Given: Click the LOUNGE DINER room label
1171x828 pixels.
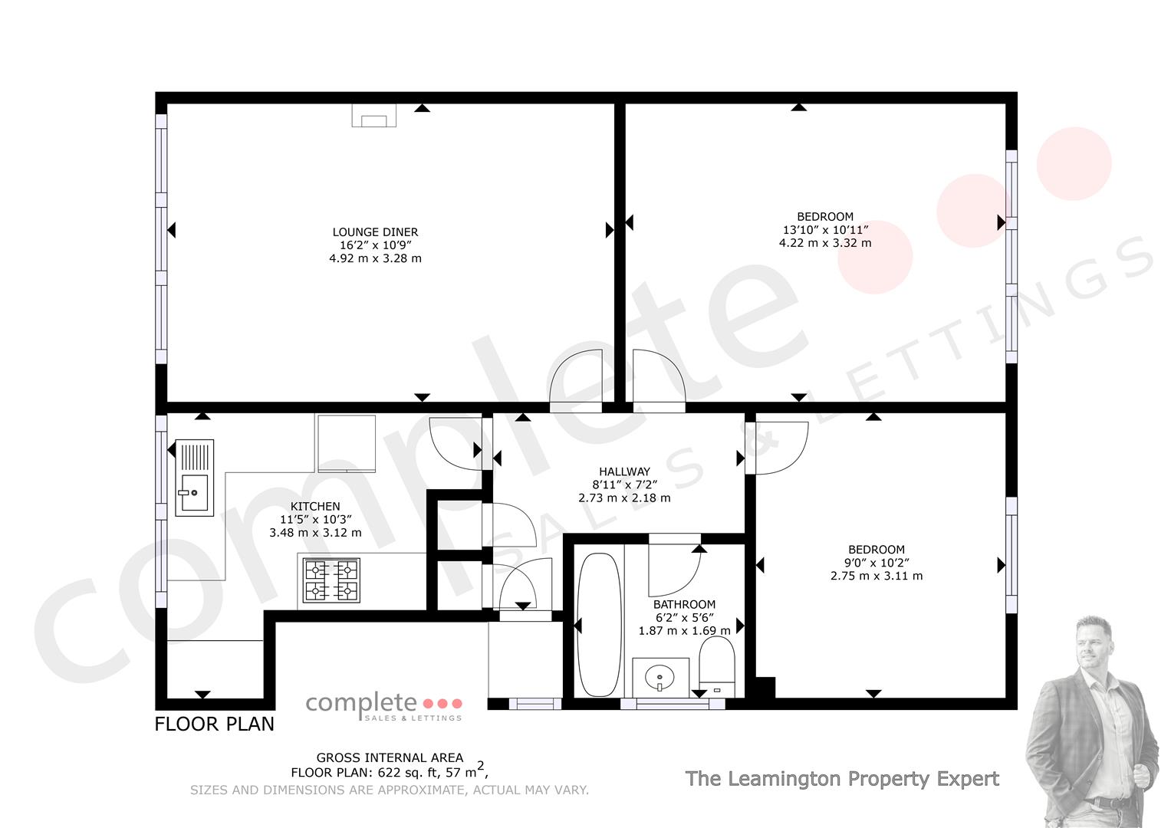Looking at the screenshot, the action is point(375,232).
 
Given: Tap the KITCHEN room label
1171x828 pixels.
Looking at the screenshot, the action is point(315,507).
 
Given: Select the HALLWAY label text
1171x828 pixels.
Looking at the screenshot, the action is point(625,472).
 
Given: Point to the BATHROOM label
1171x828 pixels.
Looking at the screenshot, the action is point(684,604).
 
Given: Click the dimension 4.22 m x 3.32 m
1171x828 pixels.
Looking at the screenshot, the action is point(825,243).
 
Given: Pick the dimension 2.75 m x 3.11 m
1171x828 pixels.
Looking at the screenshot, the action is point(877,576).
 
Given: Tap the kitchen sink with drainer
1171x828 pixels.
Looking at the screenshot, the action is point(195,478).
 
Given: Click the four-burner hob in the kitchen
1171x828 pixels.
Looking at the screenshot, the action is point(331,581).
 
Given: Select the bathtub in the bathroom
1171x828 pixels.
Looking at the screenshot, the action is point(599,625).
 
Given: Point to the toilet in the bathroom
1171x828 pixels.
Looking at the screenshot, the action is point(717,667).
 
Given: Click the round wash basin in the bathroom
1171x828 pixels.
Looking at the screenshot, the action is point(660,678).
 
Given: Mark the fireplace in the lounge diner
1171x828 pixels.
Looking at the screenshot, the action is point(373,116).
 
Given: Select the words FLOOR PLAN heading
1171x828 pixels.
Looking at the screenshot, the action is point(214,724).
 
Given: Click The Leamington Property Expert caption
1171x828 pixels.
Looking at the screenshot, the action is point(842,779).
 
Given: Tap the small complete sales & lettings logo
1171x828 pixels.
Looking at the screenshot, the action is point(384,706).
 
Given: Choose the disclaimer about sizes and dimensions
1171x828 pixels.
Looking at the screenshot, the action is point(390,790).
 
